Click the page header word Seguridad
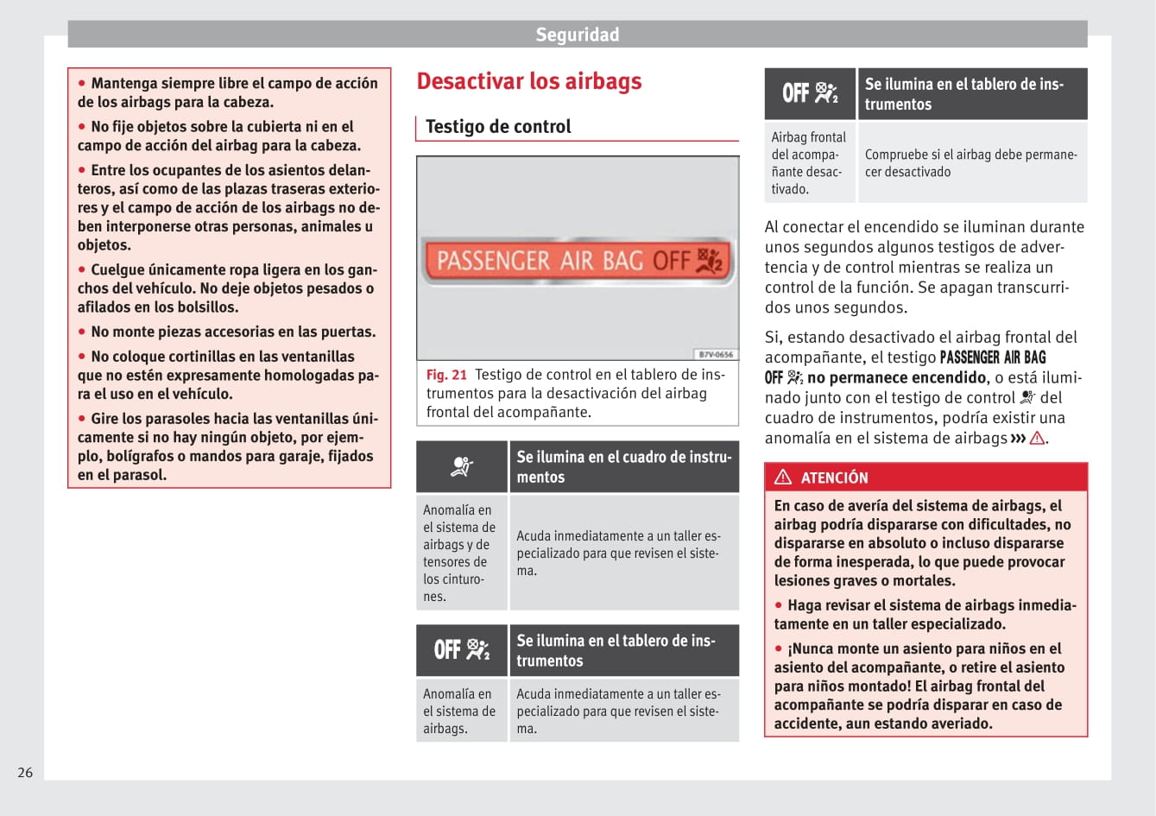[x=577, y=35]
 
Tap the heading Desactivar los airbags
[x=529, y=81]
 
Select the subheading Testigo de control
[x=498, y=127]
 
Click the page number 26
[x=25, y=772]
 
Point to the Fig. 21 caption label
[x=445, y=375]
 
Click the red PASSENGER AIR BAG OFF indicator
[x=577, y=260]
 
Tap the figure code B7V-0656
[x=716, y=355]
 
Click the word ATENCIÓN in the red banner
[x=834, y=478]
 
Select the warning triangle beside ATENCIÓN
[x=783, y=477]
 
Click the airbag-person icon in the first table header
[x=462, y=467]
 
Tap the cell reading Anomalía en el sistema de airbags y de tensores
[x=460, y=553]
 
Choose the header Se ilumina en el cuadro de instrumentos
[x=623, y=467]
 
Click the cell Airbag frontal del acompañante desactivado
[x=809, y=162]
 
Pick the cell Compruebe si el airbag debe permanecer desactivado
[x=970, y=163]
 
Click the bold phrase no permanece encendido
[x=897, y=377]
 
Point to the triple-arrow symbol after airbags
[x=1018, y=438]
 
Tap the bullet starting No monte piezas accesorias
[x=232, y=332]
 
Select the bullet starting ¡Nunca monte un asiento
[x=920, y=686]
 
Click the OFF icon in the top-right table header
[x=810, y=93]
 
